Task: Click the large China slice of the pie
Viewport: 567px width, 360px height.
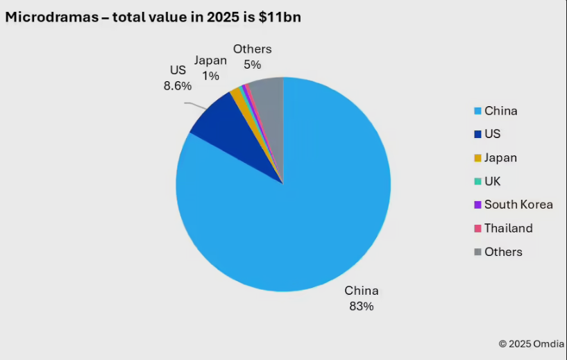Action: (291, 222)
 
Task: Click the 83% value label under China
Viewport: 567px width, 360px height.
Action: (362, 306)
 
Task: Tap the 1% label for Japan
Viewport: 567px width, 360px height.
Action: (210, 76)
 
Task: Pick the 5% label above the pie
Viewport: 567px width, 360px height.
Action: (252, 65)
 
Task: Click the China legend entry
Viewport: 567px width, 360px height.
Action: (500, 111)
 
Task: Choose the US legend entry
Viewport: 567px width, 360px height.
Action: (492, 134)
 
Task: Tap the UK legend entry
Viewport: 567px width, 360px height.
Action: (492, 181)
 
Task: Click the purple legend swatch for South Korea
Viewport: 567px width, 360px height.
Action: (477, 205)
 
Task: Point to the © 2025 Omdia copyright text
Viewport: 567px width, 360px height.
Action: (530, 343)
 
